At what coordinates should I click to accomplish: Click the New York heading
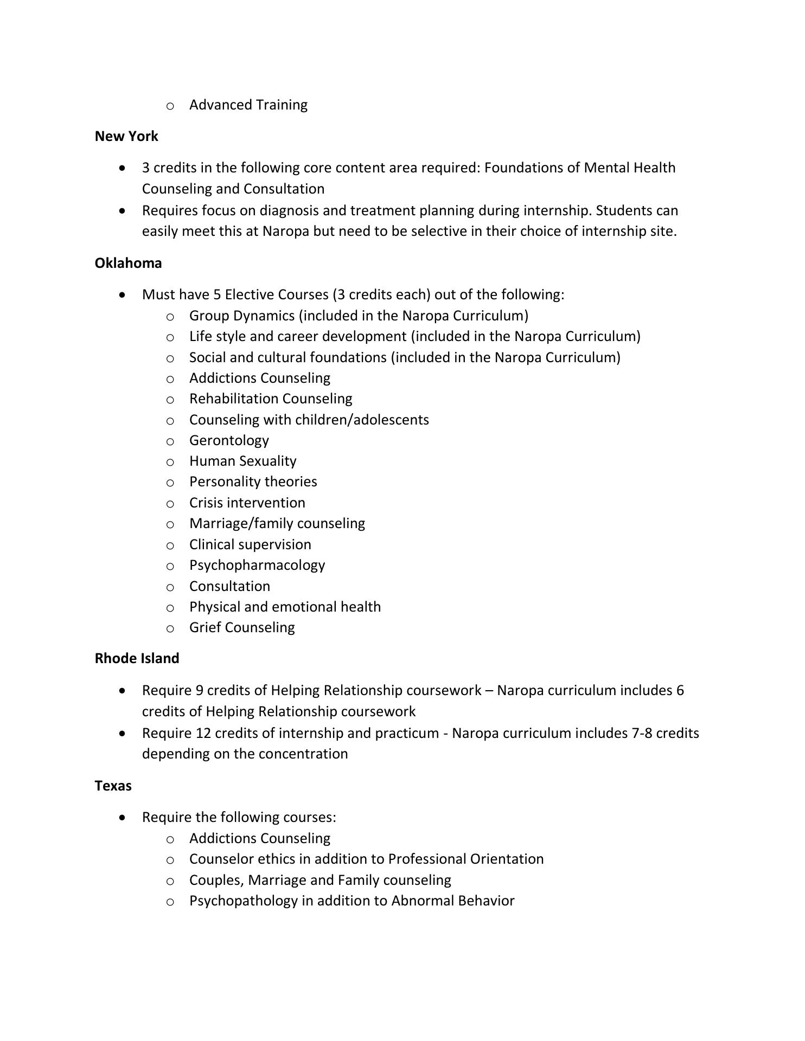[x=126, y=136]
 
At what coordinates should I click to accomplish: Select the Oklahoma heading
[x=128, y=263]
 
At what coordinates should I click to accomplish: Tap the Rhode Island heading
[x=137, y=658]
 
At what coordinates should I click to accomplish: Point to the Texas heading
[x=113, y=786]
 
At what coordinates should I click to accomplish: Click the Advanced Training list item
[x=248, y=105]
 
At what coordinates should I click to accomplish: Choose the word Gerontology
[x=229, y=440]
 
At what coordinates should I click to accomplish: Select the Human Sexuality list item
[x=242, y=461]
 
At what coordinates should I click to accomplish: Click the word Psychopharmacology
[x=257, y=565]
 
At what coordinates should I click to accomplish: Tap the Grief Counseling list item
[x=242, y=627]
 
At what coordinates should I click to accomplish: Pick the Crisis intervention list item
[x=247, y=503]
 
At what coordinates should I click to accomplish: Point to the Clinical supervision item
[x=250, y=544]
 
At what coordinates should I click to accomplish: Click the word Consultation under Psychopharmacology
[x=229, y=586]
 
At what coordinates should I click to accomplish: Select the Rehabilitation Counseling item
[x=271, y=399]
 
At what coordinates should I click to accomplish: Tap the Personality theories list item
[x=253, y=481]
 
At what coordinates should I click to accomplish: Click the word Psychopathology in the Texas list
[x=244, y=901]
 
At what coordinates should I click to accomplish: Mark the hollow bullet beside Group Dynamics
[x=170, y=316]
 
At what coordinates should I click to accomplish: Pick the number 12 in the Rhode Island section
[x=202, y=733]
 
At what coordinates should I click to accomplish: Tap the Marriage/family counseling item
[x=277, y=523]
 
